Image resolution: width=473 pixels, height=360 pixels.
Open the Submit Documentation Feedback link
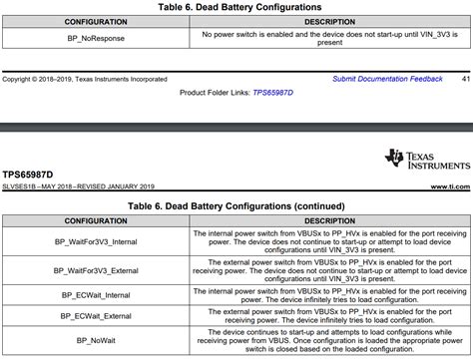pos(387,78)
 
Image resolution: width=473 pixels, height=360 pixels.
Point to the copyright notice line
pos(85,78)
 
